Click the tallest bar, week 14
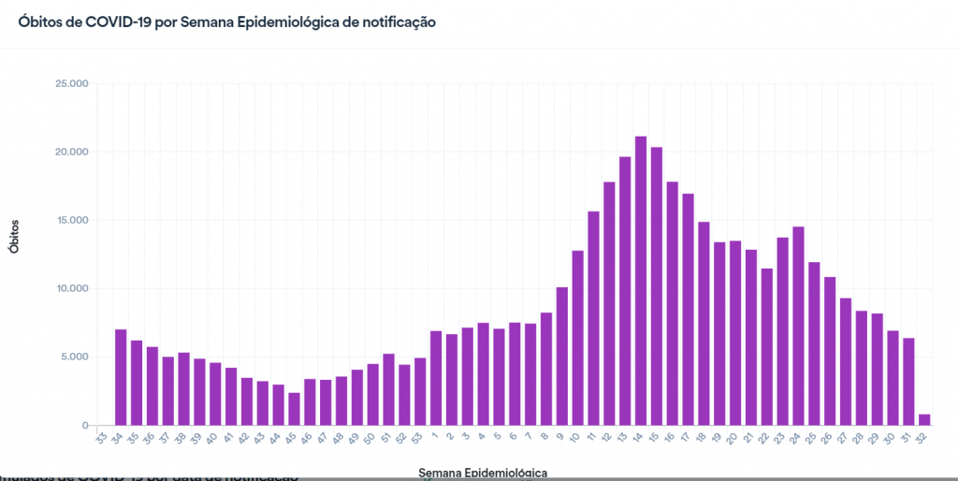(641, 281)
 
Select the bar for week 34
(121, 377)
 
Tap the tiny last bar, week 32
(924, 419)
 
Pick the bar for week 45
(294, 409)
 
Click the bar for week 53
(420, 392)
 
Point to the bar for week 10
(577, 338)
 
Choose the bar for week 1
(436, 378)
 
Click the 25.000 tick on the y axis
(72, 84)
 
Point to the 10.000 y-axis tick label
(72, 289)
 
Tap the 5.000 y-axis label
(75, 357)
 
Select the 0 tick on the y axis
(84, 426)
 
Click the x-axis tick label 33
(101, 437)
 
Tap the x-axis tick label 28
(858, 437)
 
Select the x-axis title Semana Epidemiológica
(483, 473)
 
